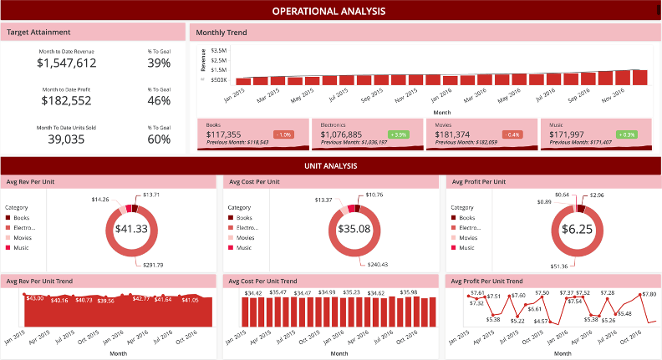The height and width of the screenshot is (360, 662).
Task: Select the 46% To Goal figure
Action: (159, 101)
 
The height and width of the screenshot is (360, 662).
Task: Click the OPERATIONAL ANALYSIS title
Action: (330, 11)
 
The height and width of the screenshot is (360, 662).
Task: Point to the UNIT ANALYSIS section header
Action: (330, 166)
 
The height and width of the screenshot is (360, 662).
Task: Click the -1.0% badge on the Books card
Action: (283, 134)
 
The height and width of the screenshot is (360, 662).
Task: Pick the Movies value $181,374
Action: (452, 134)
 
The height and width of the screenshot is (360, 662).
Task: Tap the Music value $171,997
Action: (566, 134)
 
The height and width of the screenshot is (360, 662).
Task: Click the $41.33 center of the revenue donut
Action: (131, 229)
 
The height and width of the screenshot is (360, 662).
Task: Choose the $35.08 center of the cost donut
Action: (354, 229)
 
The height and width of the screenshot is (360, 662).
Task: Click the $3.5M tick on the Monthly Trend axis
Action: (218, 51)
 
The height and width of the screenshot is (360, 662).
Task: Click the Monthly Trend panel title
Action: (221, 33)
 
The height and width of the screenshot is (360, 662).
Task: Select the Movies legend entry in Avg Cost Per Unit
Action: (248, 237)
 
